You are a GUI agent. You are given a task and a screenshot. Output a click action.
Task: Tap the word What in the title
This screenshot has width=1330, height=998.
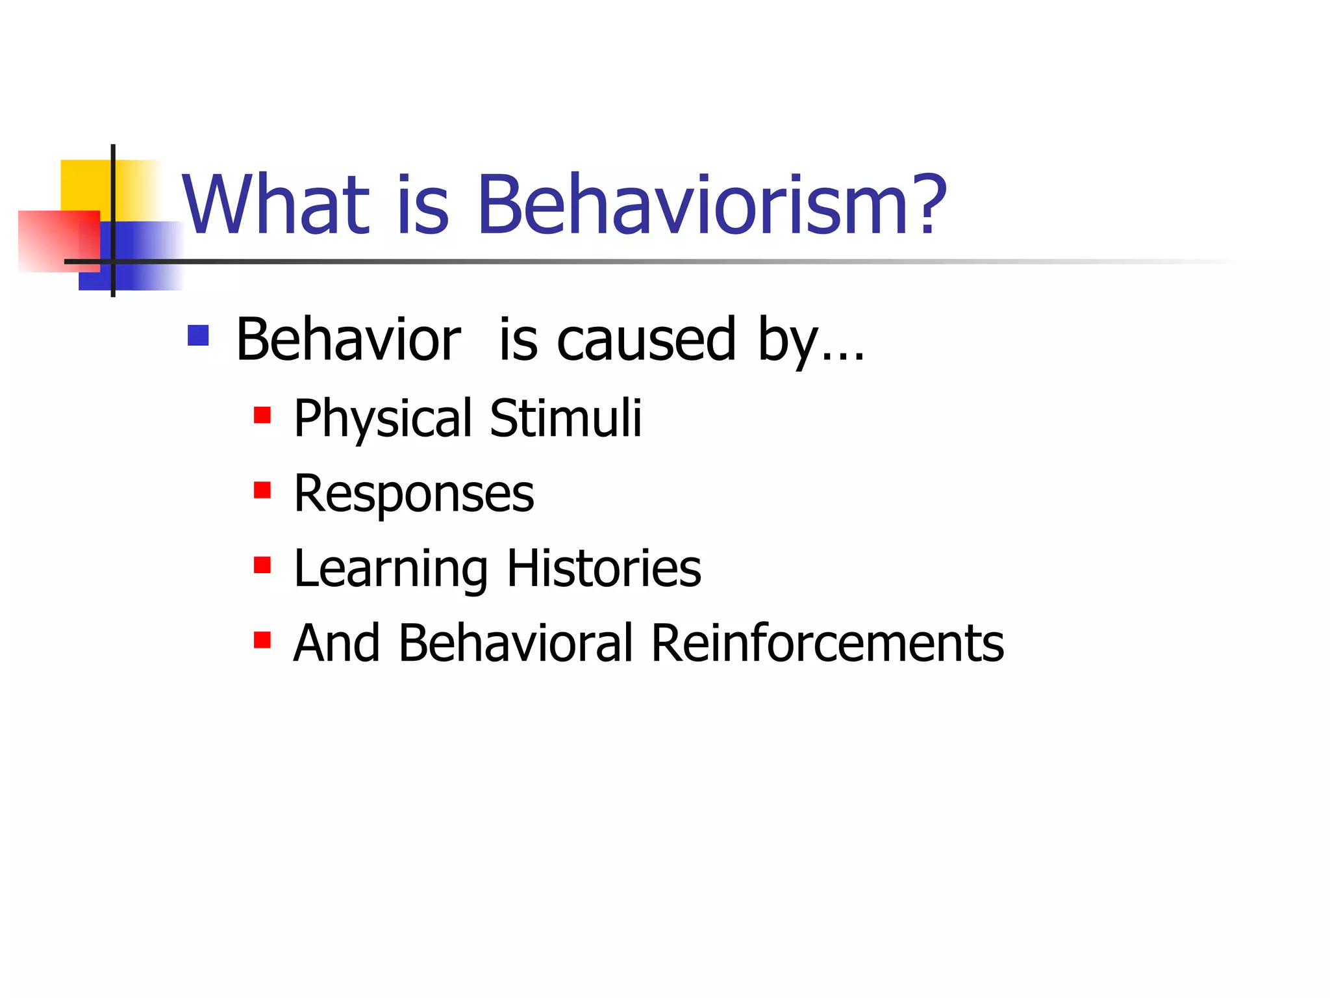[276, 205]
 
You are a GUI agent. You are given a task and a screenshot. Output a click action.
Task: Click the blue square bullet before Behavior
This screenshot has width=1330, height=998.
[198, 335]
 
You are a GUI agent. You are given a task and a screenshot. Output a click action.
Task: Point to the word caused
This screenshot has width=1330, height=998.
[646, 340]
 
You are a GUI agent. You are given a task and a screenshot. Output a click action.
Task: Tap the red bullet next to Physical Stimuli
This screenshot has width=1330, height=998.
[262, 415]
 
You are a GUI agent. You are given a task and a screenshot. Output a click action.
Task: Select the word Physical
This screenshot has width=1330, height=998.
[383, 419]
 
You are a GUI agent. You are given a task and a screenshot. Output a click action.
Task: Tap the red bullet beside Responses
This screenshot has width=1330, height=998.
[262, 490]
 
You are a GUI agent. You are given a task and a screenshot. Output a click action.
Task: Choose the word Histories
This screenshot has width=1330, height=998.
[604, 569]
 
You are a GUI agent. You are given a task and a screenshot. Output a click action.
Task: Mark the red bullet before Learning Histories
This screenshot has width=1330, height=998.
[262, 565]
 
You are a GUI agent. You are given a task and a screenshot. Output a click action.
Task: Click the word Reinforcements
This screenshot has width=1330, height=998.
[827, 643]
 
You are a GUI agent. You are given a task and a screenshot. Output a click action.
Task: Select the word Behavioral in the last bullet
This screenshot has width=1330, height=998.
[516, 643]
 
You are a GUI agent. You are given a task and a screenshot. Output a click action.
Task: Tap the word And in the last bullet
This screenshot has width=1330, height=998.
[336, 643]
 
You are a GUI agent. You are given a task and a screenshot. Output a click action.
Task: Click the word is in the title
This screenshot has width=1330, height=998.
[423, 205]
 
